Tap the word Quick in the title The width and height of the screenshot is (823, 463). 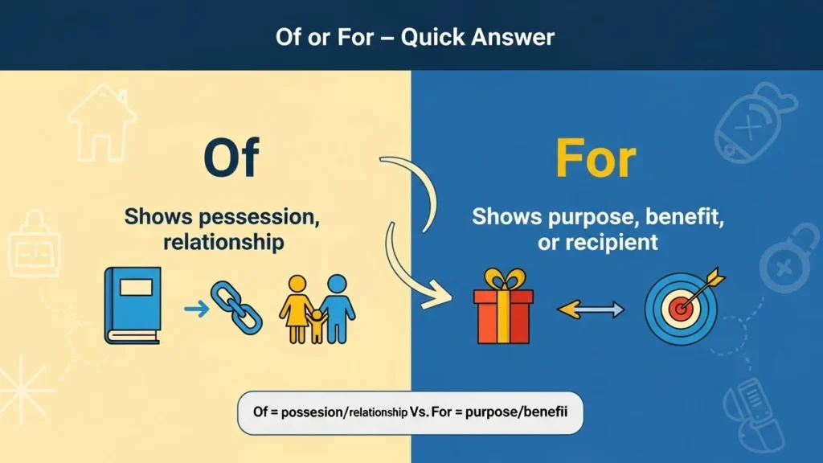point(431,37)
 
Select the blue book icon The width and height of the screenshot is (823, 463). point(133,305)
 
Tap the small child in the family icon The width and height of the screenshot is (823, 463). point(316,324)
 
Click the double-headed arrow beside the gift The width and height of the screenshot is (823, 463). point(592,309)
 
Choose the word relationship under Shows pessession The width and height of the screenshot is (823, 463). point(223,242)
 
